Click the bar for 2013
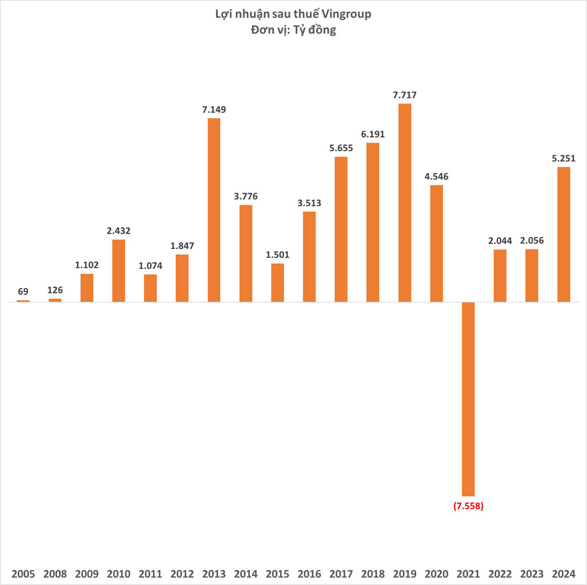[214, 210]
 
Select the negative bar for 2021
[468, 399]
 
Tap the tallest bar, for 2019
[405, 203]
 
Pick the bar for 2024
[564, 234]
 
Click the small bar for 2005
[23, 301]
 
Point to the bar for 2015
[278, 283]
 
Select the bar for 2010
[119, 270]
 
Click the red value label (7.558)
[468, 506]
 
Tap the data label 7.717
[405, 95]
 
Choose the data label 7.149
[214, 110]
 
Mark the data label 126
[55, 290]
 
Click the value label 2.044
[500, 241]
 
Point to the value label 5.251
[564, 159]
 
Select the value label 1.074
[150, 266]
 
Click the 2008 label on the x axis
[55, 574]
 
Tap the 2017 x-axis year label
[341, 574]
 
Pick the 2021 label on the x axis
[468, 574]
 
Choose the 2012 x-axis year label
[182, 574]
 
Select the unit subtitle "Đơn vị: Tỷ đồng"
[293, 30]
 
